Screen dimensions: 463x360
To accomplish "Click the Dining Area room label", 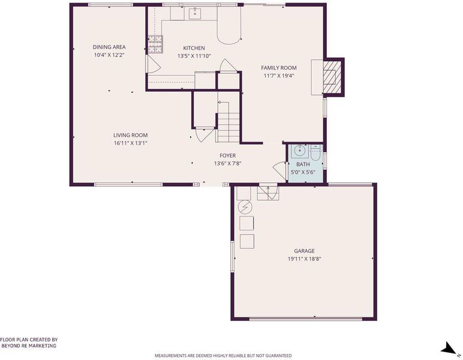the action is (109, 47).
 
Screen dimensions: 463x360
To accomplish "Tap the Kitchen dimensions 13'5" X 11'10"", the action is (194, 56).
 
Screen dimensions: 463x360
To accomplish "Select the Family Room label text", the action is (279, 68).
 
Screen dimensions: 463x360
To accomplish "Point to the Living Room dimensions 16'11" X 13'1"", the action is (131, 143).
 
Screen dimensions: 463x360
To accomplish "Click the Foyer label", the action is (228, 155).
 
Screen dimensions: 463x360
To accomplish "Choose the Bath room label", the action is (303, 164).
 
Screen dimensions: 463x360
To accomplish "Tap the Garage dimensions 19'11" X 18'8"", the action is (305, 259).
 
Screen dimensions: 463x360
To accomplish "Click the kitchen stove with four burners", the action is (155, 44).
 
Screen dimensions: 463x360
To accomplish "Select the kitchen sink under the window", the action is (194, 13).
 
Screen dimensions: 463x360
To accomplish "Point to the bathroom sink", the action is (300, 151).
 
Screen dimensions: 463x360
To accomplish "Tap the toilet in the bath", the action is (315, 152).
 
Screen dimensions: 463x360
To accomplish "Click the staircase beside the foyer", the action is (229, 128).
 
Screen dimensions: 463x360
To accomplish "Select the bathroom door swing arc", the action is (278, 169).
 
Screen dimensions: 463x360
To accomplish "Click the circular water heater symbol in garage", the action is (245, 207).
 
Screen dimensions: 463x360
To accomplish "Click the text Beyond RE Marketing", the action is (29, 346).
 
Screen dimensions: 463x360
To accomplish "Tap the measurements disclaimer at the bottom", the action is (223, 356).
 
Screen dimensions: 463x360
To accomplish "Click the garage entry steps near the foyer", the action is (268, 192).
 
